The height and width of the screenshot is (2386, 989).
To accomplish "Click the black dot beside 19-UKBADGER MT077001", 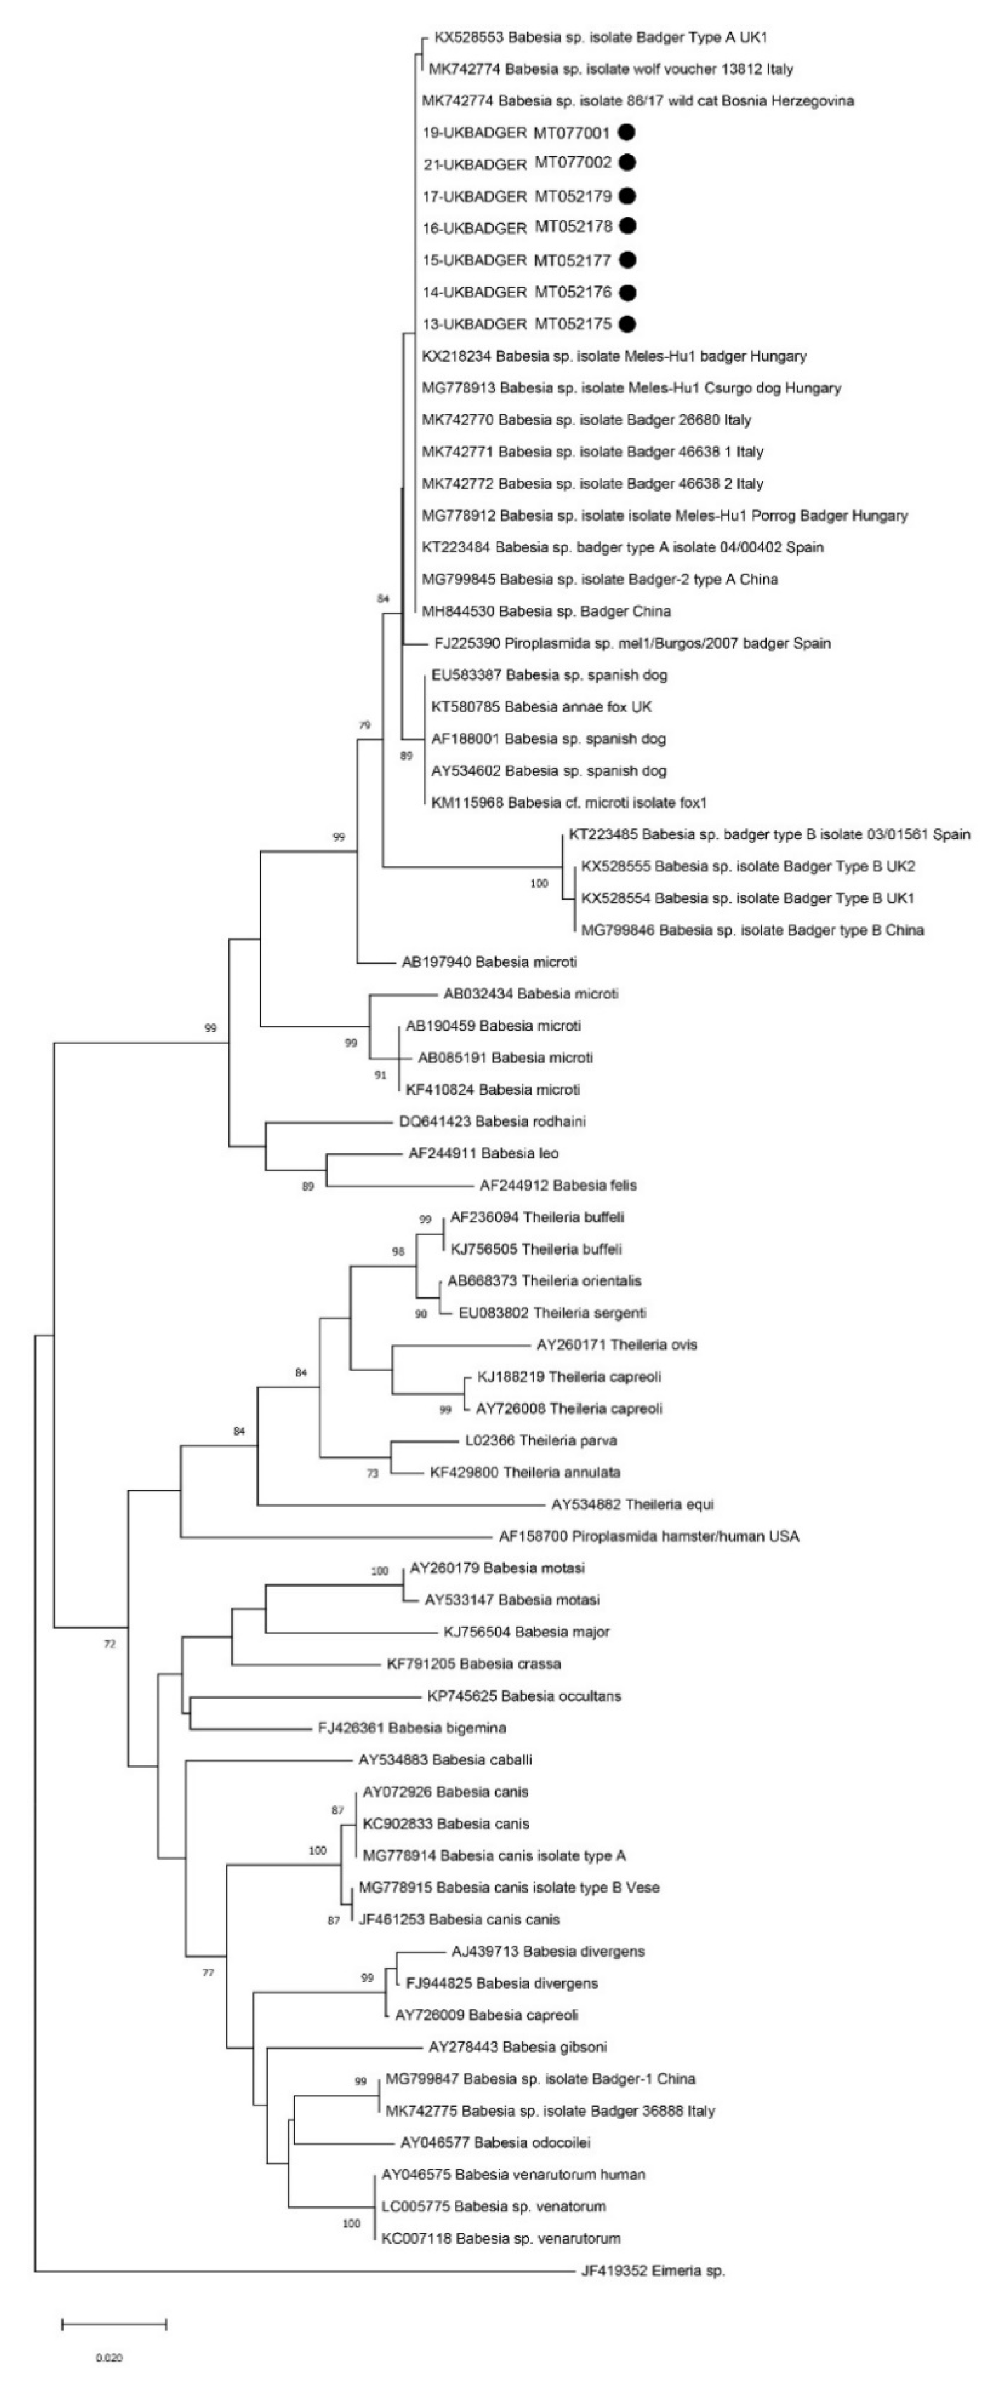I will pyautogui.click(x=627, y=132).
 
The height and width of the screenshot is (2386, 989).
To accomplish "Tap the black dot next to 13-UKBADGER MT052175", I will pyautogui.click(x=627, y=323).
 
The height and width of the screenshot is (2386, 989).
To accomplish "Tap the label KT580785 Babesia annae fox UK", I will pyautogui.click(x=542, y=707).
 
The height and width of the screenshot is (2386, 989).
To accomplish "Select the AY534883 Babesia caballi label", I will pyautogui.click(x=445, y=1760).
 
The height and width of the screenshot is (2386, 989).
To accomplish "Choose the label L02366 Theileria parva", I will pyautogui.click(x=541, y=1440).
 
